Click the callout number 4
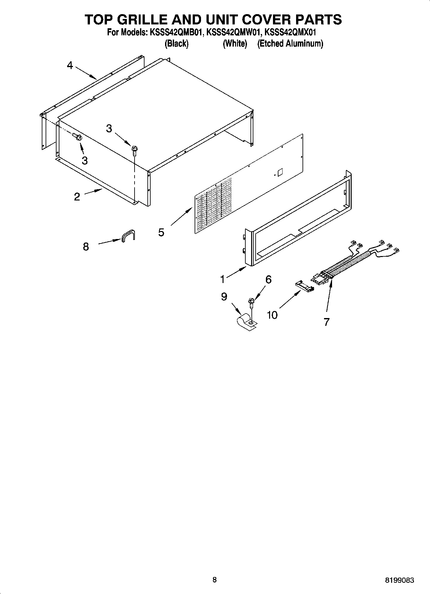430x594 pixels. pyautogui.click(x=70, y=66)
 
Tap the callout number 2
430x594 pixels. pyautogui.click(x=77, y=197)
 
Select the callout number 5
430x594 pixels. pyautogui.click(x=161, y=232)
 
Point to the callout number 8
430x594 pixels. pyautogui.click(x=86, y=247)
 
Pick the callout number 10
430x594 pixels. pyautogui.click(x=272, y=315)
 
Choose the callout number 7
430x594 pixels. pyautogui.click(x=326, y=322)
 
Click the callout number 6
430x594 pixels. pyautogui.click(x=268, y=279)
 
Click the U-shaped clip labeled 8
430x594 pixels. pyautogui.click(x=128, y=235)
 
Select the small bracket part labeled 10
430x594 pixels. pyautogui.click(x=303, y=286)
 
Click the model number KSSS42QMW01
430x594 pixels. pyautogui.click(x=233, y=32)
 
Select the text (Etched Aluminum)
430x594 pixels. pyautogui.click(x=290, y=43)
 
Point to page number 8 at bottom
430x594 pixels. pyautogui.click(x=215, y=580)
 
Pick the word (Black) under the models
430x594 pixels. pyautogui.click(x=176, y=43)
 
